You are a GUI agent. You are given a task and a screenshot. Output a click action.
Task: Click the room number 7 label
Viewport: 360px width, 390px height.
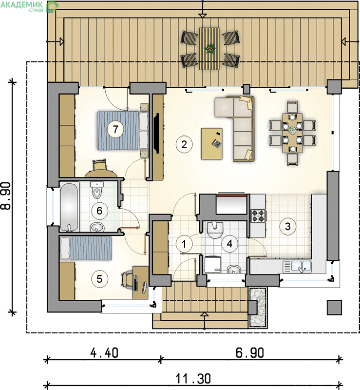[x=115, y=129]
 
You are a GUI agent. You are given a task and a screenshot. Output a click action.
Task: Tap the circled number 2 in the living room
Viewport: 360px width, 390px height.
[x=184, y=144]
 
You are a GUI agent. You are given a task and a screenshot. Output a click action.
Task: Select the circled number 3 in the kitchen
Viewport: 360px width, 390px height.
[x=287, y=226]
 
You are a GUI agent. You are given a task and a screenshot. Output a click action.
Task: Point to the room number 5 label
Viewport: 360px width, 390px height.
[x=99, y=279]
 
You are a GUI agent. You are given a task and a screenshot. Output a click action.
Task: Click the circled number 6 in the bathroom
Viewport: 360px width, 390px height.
[x=99, y=211]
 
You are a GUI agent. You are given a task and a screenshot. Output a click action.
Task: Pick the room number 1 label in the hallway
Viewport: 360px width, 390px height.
[x=184, y=244]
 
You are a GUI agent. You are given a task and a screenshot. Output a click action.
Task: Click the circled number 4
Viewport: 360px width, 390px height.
[x=230, y=244]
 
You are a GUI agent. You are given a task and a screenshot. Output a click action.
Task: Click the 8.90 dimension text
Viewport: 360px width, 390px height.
[x=6, y=196]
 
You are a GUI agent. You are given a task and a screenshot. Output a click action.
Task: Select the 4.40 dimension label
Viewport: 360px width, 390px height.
[x=104, y=353]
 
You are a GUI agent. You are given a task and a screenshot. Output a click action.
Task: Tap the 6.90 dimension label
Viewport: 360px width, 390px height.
[x=250, y=353]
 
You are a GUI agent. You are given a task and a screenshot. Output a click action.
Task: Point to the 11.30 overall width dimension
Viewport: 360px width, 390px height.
[x=193, y=379]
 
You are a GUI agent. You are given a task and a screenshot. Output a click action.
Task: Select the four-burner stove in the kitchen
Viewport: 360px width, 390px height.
[x=258, y=216]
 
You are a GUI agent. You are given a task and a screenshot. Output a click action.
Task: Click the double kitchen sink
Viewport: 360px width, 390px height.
[x=297, y=266]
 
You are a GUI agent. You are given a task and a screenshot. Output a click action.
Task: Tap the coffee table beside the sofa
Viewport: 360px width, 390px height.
[x=212, y=143]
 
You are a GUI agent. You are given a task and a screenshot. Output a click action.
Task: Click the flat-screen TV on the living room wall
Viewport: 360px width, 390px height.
[x=156, y=133]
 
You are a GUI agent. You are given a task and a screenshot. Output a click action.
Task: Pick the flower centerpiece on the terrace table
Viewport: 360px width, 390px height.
[x=209, y=48]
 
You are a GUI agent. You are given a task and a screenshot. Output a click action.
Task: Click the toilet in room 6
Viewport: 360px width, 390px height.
[x=97, y=190]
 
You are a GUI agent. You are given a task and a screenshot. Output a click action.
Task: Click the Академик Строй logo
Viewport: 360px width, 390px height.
[x=29, y=6]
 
